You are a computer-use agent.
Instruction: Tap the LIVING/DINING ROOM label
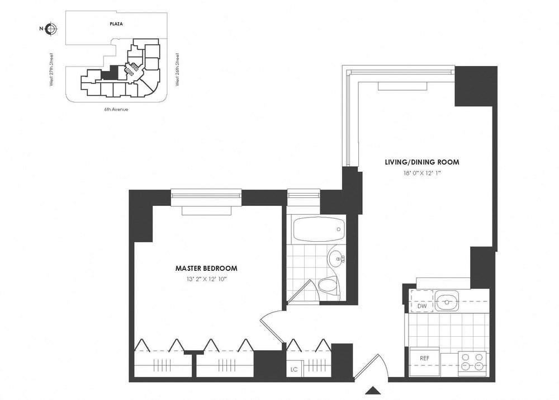pyautogui.click(x=421, y=162)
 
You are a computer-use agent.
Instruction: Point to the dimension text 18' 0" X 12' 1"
pyautogui.click(x=421, y=173)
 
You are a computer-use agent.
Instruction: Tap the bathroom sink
pyautogui.click(x=337, y=259)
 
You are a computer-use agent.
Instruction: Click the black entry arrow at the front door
pyautogui.click(x=372, y=390)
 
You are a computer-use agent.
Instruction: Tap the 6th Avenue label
pyautogui.click(x=117, y=110)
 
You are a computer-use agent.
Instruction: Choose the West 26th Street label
pyautogui.click(x=177, y=69)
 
